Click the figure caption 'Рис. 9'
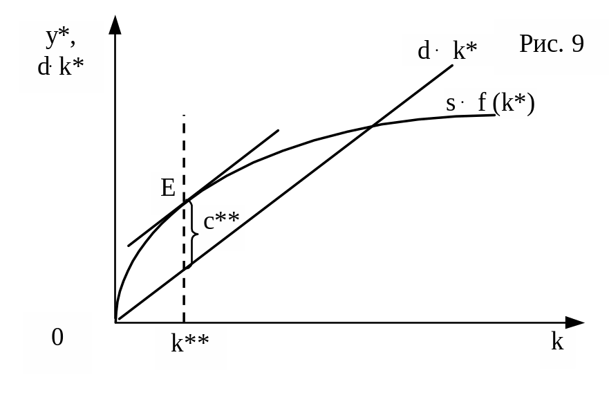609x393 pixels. pyautogui.click(x=552, y=44)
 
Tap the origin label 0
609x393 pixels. pyautogui.click(x=57, y=337)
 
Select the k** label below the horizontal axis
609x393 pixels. pyautogui.click(x=189, y=342)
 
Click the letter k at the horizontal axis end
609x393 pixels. pyautogui.click(x=557, y=342)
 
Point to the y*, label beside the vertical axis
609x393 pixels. pyautogui.click(x=61, y=37)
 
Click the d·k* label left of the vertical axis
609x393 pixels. pyautogui.click(x=60, y=66)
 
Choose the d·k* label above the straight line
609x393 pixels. pyautogui.click(x=447, y=51)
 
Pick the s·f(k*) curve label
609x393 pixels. pyautogui.click(x=490, y=103)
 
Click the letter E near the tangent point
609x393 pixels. pyautogui.click(x=168, y=188)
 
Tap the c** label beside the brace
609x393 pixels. pyautogui.click(x=221, y=221)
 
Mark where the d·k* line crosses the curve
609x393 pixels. pyautogui.click(x=372, y=126)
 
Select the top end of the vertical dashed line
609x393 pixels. pyautogui.click(x=184, y=115)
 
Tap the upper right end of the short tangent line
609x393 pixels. pyautogui.click(x=279, y=130)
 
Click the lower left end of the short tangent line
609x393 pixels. pyautogui.click(x=128, y=246)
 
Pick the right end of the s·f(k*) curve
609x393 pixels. pyautogui.click(x=495, y=115)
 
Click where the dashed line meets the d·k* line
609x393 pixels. pyautogui.click(x=184, y=270)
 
